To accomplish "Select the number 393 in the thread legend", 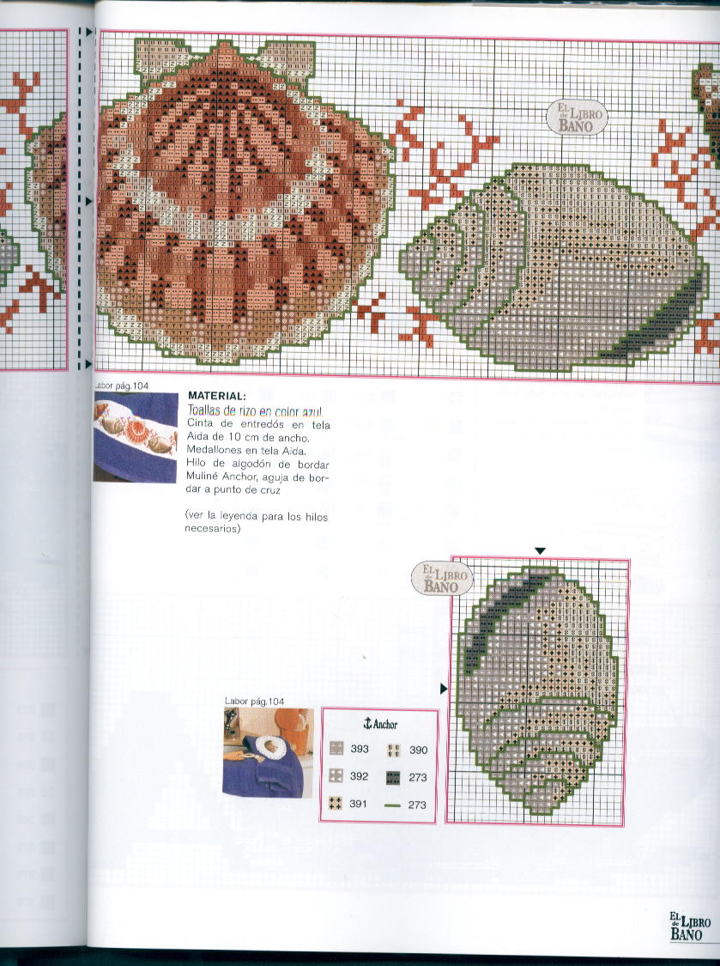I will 360,749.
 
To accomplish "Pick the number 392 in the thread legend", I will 360,776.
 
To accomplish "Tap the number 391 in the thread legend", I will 360,804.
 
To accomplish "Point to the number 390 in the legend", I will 418,750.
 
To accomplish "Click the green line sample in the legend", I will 394,805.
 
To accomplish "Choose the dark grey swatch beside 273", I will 394,777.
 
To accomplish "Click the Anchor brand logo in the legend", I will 380,723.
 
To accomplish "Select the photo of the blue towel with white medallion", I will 263,752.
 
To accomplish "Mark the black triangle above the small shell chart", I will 539,550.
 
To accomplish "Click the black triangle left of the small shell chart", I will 444,689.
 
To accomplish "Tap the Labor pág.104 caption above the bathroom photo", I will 253,702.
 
